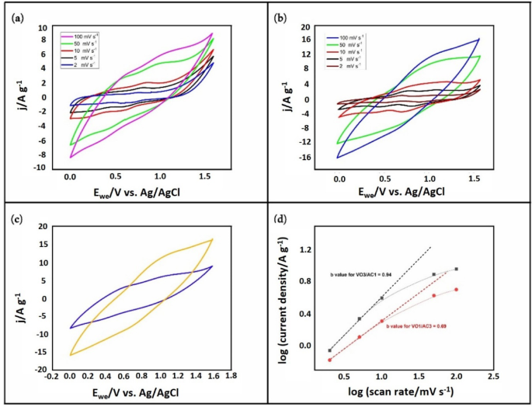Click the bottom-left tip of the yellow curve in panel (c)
tap(70, 355)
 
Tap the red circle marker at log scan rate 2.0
tap(456, 289)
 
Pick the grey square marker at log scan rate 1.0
tap(381, 298)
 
